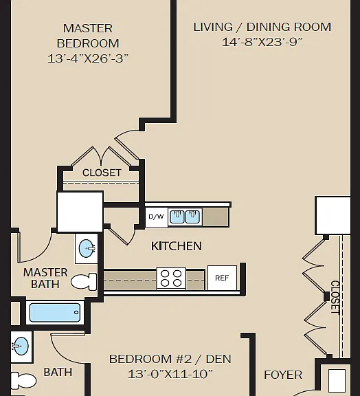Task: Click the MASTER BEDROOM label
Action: click(88, 36)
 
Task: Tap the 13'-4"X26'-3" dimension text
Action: click(88, 58)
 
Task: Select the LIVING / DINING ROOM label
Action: click(262, 27)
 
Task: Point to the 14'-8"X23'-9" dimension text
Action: click(262, 42)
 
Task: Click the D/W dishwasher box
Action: click(157, 217)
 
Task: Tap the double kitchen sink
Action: click(185, 217)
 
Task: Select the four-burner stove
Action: click(171, 278)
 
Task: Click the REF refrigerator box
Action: click(222, 278)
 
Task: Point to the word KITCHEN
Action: click(177, 246)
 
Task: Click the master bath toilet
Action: click(84, 282)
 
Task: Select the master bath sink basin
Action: click(87, 248)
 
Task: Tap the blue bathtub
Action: click(55, 313)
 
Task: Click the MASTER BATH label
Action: click(45, 278)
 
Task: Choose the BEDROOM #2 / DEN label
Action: click(170, 359)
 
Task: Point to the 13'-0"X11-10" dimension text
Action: click(170, 374)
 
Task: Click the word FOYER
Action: click(283, 375)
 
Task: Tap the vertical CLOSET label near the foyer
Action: click(335, 297)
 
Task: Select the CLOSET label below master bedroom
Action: click(102, 173)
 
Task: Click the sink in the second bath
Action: click(21, 346)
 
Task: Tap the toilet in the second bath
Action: click(23, 381)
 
